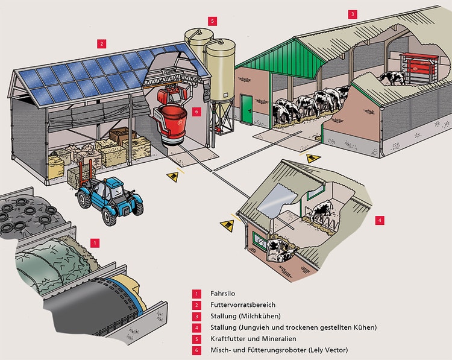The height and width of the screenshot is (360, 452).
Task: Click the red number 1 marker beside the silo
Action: (x=94, y=242)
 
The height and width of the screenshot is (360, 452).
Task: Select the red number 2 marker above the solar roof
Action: (x=102, y=43)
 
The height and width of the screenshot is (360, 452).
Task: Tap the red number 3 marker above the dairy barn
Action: (x=353, y=13)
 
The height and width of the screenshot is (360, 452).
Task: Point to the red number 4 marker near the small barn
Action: (x=378, y=221)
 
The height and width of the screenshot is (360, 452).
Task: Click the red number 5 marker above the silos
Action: (x=212, y=21)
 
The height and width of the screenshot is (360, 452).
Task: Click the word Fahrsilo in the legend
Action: (x=223, y=293)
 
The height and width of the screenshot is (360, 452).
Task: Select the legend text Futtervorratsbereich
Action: (x=243, y=305)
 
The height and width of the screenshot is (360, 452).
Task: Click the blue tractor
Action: (x=111, y=197)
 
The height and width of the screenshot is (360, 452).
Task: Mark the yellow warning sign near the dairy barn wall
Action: (x=313, y=159)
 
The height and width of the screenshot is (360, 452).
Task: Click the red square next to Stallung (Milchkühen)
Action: (x=196, y=316)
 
